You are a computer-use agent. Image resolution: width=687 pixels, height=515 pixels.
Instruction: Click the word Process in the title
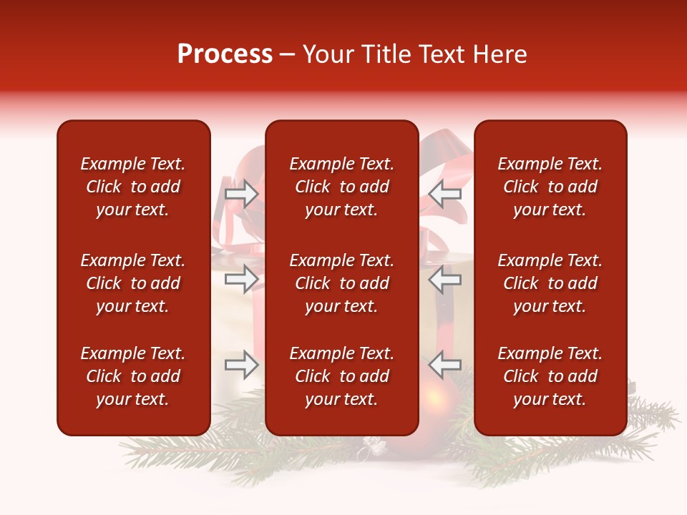[225, 54]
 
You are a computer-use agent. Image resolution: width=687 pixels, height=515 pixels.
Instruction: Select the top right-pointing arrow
[241, 194]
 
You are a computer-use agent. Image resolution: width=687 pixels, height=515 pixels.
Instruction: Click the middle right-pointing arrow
[241, 279]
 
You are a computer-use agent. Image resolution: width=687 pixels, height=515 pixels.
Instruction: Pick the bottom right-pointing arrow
[241, 365]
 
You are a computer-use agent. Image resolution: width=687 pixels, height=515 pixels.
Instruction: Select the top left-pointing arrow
[445, 194]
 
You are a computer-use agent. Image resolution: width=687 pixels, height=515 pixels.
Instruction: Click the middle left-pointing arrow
[445, 279]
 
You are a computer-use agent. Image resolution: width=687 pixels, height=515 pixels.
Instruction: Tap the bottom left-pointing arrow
[445, 365]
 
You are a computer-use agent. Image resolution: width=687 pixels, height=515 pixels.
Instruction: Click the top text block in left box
[133, 187]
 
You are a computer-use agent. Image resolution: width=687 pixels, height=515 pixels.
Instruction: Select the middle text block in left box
[133, 283]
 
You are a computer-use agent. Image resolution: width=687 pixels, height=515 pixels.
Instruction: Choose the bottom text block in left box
[133, 376]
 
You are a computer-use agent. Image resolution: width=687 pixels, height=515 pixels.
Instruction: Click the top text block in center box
[341, 187]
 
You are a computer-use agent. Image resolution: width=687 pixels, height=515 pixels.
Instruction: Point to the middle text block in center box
[341, 283]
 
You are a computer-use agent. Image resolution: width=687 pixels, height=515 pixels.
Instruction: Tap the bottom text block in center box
[341, 376]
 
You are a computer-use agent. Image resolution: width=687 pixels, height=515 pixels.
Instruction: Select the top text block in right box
[550, 187]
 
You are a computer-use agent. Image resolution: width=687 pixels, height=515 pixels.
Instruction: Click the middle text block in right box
[550, 283]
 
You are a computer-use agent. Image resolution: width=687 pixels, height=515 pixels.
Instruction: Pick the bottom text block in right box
[550, 376]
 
